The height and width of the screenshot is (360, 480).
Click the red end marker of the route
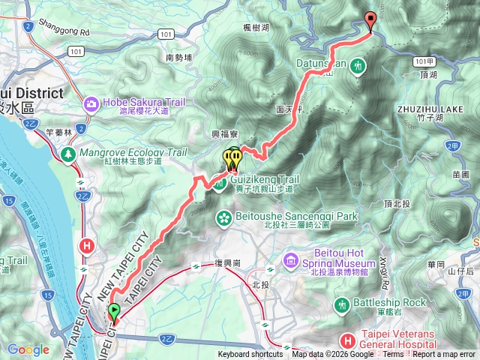click(x=369, y=21)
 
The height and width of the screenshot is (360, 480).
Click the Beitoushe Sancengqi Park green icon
click(x=223, y=217)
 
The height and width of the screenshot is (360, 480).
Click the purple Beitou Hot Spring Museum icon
click(x=291, y=259)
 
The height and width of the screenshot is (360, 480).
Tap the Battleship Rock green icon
click(x=341, y=304)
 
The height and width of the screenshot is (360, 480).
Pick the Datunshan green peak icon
click(x=359, y=65)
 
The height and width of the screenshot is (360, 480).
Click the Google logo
click(x=28, y=349)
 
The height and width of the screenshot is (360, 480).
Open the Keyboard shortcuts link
click(x=250, y=355)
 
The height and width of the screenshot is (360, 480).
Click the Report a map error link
click(x=444, y=355)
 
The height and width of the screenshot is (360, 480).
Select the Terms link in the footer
click(x=393, y=355)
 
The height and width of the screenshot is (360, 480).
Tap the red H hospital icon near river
click(x=88, y=244)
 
